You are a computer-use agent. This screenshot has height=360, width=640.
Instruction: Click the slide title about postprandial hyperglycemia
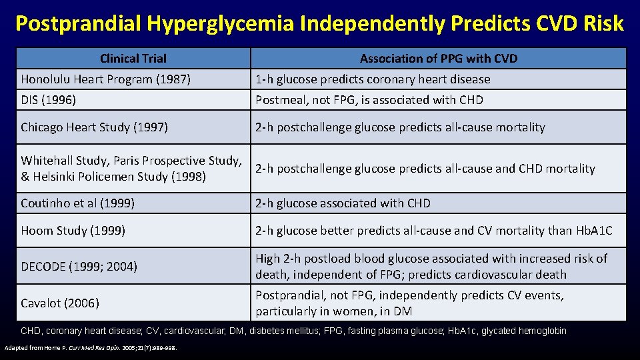[319, 23]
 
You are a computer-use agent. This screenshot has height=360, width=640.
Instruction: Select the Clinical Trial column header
[133, 59]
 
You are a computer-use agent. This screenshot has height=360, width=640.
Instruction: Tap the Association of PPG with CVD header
[438, 59]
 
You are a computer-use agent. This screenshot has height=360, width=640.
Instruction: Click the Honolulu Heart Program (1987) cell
[106, 79]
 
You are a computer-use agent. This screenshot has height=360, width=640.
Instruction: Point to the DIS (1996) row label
[48, 100]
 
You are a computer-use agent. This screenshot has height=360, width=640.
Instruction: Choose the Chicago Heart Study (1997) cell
[94, 127]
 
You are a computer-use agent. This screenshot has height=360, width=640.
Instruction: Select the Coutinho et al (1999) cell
[77, 203]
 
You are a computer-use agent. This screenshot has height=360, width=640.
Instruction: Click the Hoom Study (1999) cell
[73, 231]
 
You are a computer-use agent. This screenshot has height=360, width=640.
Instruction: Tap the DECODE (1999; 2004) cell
[79, 267]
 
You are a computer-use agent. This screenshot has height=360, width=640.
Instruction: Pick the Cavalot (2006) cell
[60, 303]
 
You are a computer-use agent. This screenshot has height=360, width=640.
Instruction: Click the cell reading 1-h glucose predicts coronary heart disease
[373, 79]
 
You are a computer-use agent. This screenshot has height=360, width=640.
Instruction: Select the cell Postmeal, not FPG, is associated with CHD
[369, 100]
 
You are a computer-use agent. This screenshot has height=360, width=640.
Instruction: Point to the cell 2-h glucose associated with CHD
[343, 203]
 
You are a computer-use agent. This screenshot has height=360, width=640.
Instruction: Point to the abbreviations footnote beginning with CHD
[294, 331]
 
